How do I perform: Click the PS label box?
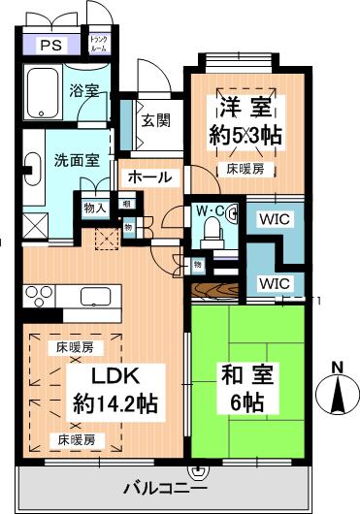coord(46,45)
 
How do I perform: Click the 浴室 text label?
coord(83,93)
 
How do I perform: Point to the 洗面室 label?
coord(75,161)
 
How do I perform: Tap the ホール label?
coord(149,177)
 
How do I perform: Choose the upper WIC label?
coord(274,219)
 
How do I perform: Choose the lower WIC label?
coord(274,283)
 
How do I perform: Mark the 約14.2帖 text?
coord(115,402)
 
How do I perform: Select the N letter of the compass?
coord(337,367)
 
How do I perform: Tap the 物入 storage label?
coord(94,207)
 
